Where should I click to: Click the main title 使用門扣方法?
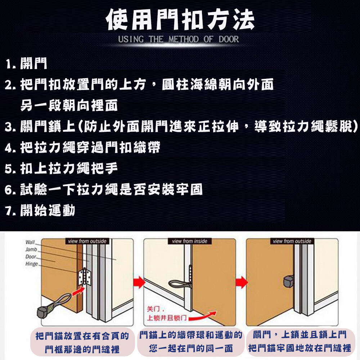point(180,19)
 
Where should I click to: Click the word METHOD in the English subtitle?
point(184,39)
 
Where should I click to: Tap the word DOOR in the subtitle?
point(229,39)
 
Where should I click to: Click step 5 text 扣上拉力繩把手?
point(69,168)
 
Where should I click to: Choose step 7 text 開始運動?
point(48,210)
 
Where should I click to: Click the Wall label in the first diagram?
point(30,242)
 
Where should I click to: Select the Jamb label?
point(31,249)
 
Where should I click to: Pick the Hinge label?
point(32,264)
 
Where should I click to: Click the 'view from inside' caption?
point(190,241)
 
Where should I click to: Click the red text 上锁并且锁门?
point(167,318)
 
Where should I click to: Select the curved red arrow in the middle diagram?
point(202,316)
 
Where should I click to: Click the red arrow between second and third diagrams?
point(242,282)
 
